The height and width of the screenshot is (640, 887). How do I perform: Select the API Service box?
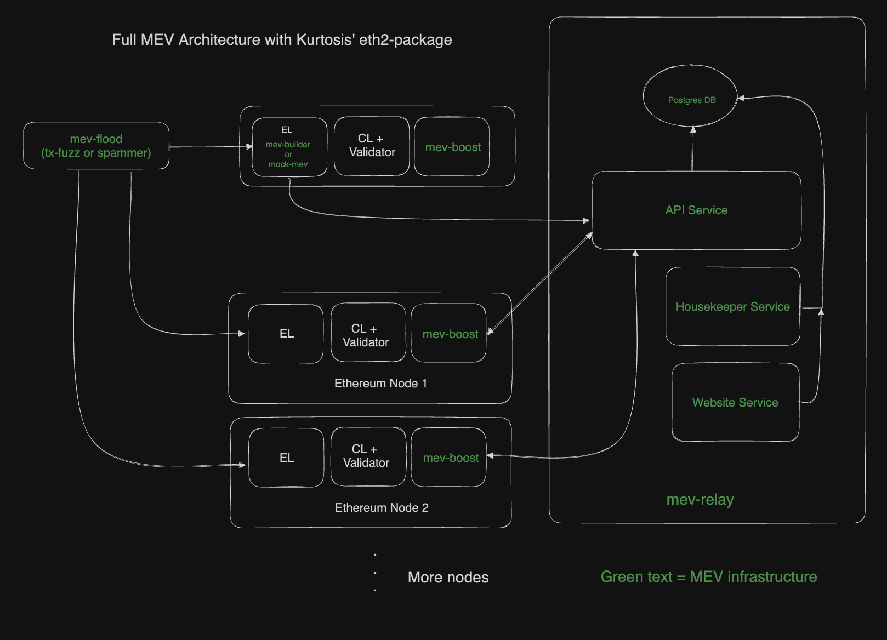[x=696, y=210]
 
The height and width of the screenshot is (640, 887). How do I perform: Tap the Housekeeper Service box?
[x=732, y=306]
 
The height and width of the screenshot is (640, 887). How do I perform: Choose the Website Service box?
[x=735, y=402]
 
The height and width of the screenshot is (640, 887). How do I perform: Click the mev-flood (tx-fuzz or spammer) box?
[x=96, y=146]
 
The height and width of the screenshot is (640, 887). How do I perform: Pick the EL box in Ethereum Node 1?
[x=286, y=334]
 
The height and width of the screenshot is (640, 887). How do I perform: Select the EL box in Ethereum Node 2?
[x=286, y=458]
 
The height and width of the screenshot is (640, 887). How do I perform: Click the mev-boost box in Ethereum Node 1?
[x=449, y=334]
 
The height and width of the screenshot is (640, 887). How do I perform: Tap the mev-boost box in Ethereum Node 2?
[x=449, y=458]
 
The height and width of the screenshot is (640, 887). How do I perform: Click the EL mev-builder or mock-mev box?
[x=289, y=147]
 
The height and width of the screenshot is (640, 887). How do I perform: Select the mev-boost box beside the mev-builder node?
[x=452, y=147]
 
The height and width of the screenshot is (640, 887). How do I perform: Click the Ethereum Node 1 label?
[x=380, y=384]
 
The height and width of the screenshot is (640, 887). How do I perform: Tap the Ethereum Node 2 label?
[x=382, y=508]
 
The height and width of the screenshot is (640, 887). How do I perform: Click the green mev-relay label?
[x=700, y=500]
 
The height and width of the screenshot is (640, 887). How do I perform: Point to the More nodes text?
[x=448, y=578]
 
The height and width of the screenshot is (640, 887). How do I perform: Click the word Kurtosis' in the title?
[x=326, y=40]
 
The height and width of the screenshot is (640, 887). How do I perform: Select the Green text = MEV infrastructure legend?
[x=708, y=577]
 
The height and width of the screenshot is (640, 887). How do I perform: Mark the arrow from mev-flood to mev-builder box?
[x=208, y=147]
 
